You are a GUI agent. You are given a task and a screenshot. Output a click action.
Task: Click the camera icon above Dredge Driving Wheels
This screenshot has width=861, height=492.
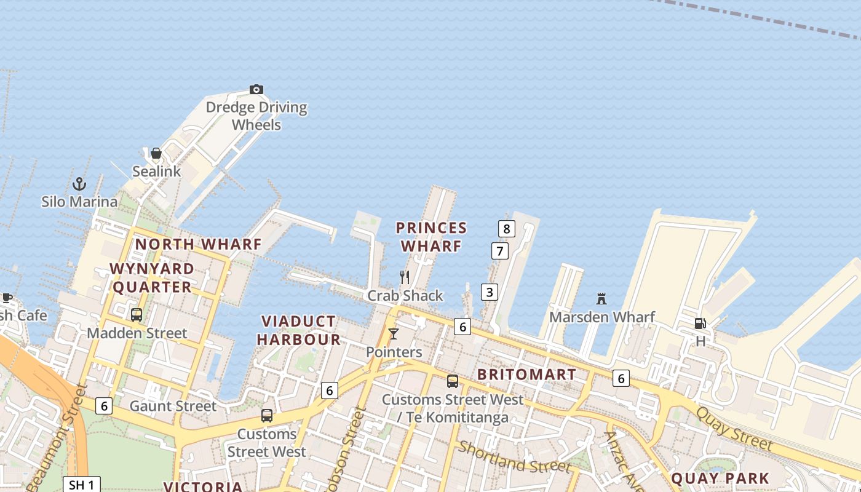[256, 90]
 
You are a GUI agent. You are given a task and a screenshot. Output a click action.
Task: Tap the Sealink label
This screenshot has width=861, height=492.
[157, 172]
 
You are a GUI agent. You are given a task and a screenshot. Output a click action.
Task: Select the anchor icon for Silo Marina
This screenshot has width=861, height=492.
[79, 183]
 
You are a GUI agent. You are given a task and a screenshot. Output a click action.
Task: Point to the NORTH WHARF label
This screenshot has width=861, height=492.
[199, 244]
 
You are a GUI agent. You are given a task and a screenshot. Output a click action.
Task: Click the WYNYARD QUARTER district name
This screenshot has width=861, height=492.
[152, 278]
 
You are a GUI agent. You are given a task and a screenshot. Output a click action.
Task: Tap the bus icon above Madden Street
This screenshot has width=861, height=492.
[137, 315]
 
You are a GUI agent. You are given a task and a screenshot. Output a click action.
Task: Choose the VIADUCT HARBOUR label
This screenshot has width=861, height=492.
[299, 330]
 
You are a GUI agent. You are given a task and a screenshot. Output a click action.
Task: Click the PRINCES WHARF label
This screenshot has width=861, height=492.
[431, 237]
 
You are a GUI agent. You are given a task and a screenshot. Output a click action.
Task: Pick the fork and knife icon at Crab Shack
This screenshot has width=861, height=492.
[405, 277]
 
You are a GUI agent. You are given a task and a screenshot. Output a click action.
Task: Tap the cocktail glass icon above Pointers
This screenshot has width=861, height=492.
[394, 334]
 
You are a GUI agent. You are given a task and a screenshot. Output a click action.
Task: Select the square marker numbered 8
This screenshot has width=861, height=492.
[506, 229]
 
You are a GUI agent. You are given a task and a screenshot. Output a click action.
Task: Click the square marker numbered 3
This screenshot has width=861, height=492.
[489, 292]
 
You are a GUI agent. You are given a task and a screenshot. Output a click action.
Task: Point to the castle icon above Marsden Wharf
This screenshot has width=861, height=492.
[601, 300]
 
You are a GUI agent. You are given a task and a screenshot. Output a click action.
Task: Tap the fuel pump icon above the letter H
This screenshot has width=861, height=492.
[700, 323]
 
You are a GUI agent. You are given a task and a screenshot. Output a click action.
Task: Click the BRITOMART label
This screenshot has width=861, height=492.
[527, 375]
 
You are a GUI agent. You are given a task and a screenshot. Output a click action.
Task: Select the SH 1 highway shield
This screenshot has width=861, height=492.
[81, 485]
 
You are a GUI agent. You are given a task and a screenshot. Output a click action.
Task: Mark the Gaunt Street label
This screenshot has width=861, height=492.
[173, 406]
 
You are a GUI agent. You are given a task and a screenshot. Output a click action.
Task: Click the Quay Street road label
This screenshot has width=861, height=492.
[734, 428]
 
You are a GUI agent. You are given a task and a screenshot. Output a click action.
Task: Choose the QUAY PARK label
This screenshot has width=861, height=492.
[720, 478]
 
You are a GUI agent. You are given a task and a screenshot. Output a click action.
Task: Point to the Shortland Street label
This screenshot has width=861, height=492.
[514, 456]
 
